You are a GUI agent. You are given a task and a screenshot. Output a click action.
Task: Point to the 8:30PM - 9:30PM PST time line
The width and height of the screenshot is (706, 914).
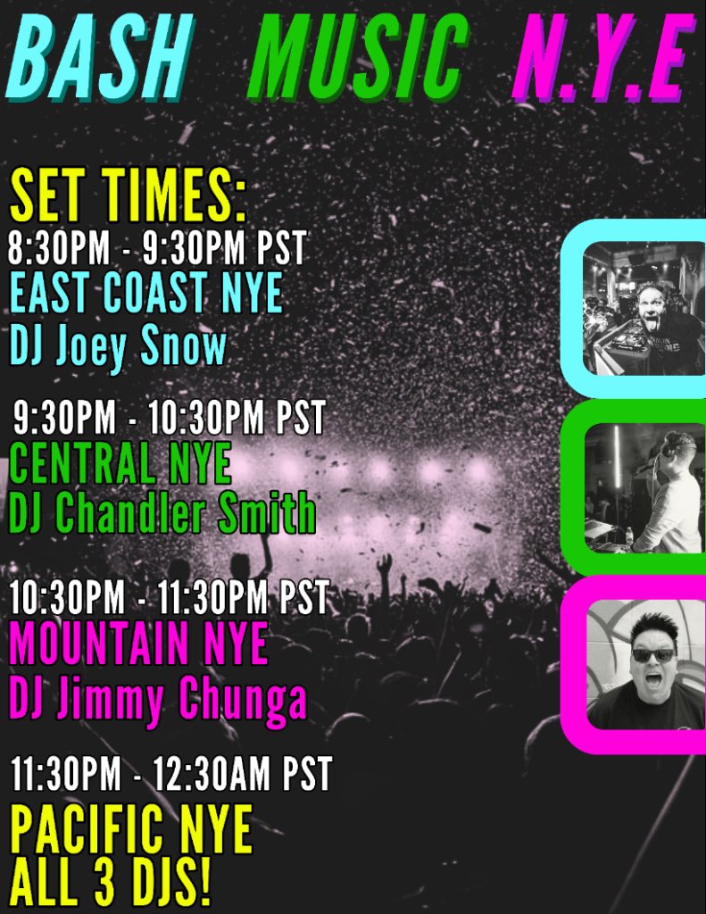[157, 247]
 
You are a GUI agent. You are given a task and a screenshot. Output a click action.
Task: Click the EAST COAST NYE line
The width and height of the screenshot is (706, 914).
[146, 293]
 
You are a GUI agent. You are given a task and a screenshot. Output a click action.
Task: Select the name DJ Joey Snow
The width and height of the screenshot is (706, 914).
[118, 345]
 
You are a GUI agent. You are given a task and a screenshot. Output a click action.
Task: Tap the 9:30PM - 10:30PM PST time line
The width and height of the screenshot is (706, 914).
[170, 418]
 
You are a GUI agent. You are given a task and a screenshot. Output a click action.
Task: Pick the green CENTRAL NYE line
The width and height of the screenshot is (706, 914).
[120, 463]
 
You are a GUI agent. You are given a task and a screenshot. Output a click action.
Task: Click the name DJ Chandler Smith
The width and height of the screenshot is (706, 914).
[162, 513]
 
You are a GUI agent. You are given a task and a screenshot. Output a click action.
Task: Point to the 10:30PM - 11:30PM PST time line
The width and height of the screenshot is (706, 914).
[170, 596]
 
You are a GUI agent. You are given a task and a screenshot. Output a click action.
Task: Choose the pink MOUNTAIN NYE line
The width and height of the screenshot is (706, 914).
[138, 644]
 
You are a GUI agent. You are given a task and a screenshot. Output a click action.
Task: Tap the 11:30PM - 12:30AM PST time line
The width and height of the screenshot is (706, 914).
[171, 773]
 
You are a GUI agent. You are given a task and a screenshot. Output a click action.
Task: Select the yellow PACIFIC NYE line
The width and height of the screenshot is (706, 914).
[131, 829]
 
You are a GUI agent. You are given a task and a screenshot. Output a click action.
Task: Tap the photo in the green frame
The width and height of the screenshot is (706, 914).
[643, 487]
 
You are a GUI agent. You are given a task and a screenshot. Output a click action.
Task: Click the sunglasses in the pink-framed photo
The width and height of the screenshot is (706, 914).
[653, 654]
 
